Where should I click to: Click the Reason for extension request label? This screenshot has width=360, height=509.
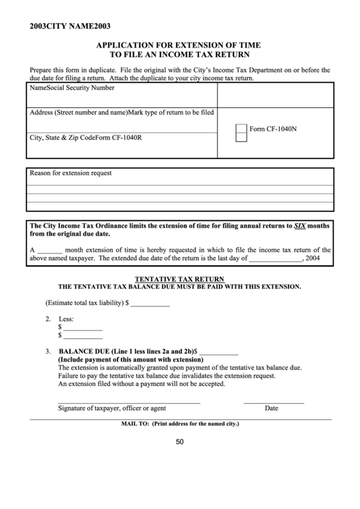pyautogui.click(x=70, y=173)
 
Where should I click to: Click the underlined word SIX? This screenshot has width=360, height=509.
pyautogui.click(x=300, y=225)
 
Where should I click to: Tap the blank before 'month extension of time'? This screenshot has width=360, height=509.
pyautogui.click(x=49, y=250)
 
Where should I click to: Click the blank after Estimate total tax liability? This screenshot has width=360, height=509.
pyautogui.click(x=150, y=304)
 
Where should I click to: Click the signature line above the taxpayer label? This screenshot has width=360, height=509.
pyautogui.click(x=129, y=403)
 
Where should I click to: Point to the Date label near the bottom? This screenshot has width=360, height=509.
pyautogui.click(x=271, y=408)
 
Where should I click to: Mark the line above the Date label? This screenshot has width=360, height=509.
pyautogui.click(x=272, y=403)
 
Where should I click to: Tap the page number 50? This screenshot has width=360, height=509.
pyautogui.click(x=180, y=442)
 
